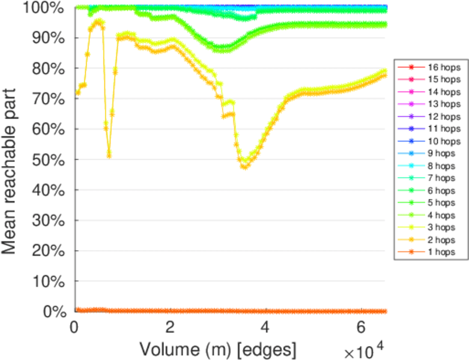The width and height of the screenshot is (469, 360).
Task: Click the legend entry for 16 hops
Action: point(441,67)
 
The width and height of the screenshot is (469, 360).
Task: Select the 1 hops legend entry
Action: point(441,252)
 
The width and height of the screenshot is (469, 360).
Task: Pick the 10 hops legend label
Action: point(441,141)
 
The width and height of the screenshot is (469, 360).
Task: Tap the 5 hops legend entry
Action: point(441,203)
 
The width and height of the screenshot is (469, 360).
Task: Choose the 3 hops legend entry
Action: point(441,227)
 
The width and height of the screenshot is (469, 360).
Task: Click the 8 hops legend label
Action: point(441,166)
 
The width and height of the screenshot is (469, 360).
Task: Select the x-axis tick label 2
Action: point(170,328)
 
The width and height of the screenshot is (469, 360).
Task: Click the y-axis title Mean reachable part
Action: point(12,159)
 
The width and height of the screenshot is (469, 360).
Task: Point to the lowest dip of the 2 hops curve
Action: point(244,167)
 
